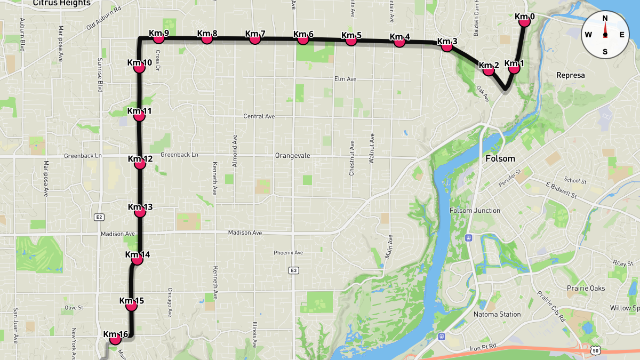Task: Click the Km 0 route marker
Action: (x=524, y=21)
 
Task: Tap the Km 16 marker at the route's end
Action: (x=115, y=339)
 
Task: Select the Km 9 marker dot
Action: (x=158, y=38)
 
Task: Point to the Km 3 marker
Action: (x=447, y=46)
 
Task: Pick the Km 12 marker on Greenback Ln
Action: (x=140, y=164)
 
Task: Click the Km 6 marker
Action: (x=303, y=39)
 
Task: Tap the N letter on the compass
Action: (x=605, y=18)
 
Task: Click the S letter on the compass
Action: (x=605, y=52)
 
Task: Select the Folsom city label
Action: (x=500, y=158)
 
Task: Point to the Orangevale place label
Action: (x=293, y=156)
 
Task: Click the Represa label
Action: (x=570, y=75)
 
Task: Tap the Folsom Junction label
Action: (x=475, y=210)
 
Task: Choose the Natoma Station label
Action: (x=497, y=314)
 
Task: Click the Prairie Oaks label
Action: (x=586, y=288)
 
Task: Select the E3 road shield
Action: (x=293, y=270)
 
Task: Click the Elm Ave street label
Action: (x=345, y=79)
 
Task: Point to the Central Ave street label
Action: (x=259, y=116)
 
